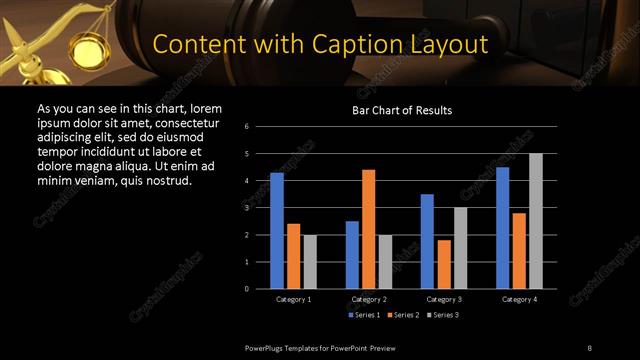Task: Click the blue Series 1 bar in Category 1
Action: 277,231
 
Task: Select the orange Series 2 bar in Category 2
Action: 368,229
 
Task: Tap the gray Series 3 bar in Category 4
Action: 535,221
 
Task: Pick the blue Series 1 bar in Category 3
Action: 427,241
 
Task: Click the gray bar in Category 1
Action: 309,262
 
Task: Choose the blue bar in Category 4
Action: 502,228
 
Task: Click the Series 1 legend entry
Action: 365,315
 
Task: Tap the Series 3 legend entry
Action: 443,315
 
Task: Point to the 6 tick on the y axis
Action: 247,127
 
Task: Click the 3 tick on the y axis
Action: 247,208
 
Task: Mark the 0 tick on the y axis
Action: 247,289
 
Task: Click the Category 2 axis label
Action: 369,299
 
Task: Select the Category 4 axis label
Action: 518,299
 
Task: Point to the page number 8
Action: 588,347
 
